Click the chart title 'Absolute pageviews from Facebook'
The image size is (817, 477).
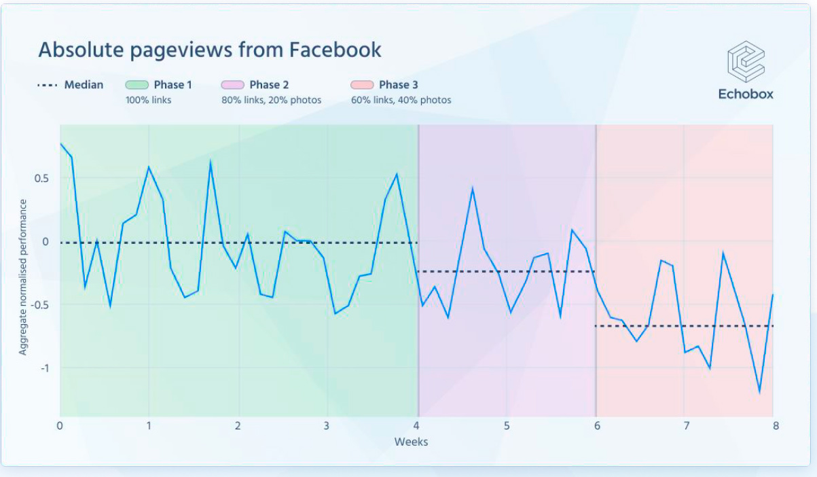pos(209,50)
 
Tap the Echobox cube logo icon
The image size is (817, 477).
pos(746,62)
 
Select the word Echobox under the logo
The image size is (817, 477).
pos(746,94)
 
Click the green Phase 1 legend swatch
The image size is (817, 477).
pos(137,85)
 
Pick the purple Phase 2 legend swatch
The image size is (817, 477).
pos(232,85)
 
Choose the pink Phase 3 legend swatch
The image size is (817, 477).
pos(362,85)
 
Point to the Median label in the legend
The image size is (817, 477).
pos(84,85)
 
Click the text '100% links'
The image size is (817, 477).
pos(148,100)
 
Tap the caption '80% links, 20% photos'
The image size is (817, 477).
pos(271,100)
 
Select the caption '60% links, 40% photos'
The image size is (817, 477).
pos(401,100)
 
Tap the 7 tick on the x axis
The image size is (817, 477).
pos(686,426)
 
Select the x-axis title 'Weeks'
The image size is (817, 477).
pos(411,442)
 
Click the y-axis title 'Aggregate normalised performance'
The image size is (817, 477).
pos(23,277)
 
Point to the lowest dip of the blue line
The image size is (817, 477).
pos(759,392)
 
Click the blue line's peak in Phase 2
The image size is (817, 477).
pos(473,188)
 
